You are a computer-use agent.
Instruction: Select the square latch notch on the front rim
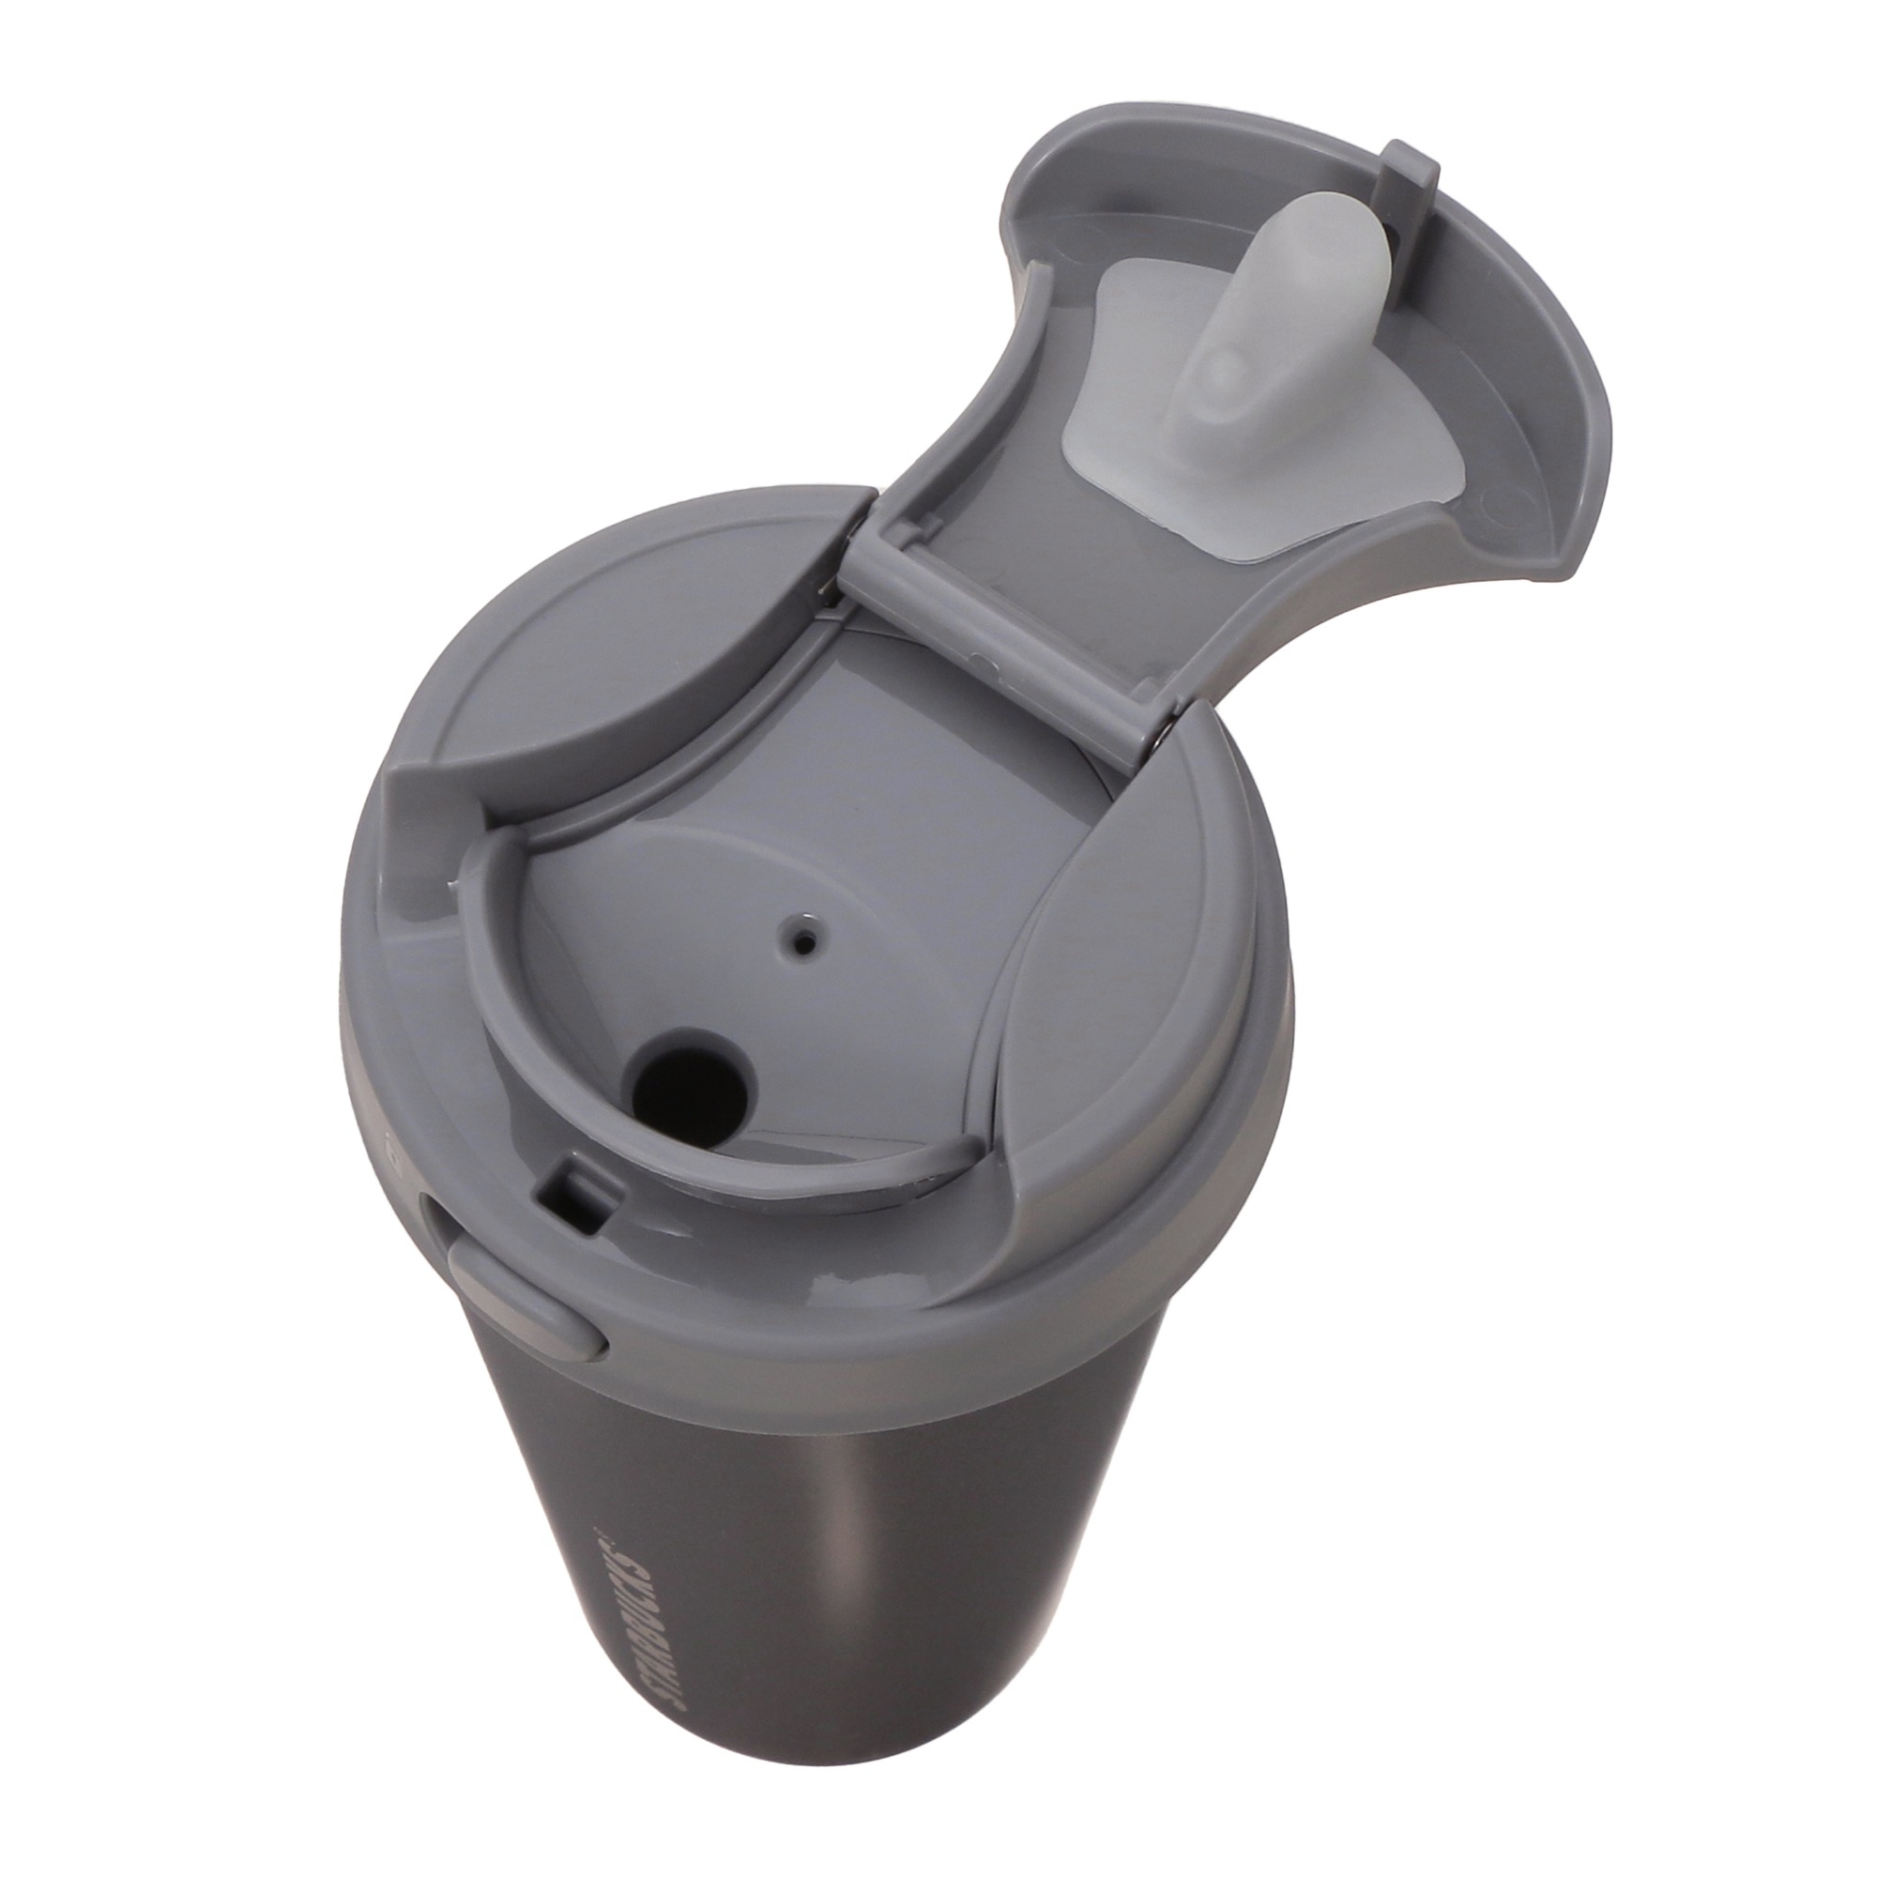pos(575,1197)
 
